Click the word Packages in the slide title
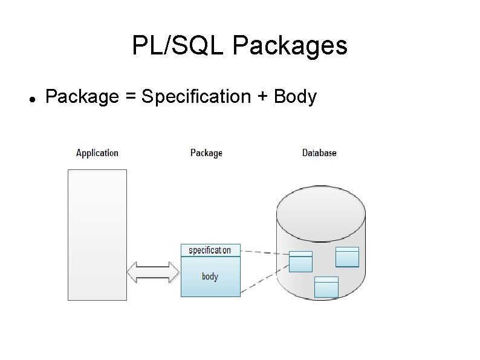click(290, 46)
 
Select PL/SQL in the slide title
click(178, 45)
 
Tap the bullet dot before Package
click(33, 99)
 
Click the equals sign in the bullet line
click(131, 96)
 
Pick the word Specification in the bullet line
click(196, 97)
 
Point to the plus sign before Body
click(262, 96)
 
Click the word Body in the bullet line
click(295, 97)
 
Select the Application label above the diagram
click(97, 153)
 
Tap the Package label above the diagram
click(206, 153)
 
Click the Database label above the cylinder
click(319, 152)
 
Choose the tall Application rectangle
click(97, 235)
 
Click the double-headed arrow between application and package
click(154, 272)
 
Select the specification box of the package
click(210, 250)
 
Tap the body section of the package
click(210, 277)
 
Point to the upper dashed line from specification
click(265, 252)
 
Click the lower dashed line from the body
click(265, 279)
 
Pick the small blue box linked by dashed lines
click(300, 261)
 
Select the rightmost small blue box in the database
click(347, 257)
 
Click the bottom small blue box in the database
click(326, 287)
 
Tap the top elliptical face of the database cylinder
click(321, 214)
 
